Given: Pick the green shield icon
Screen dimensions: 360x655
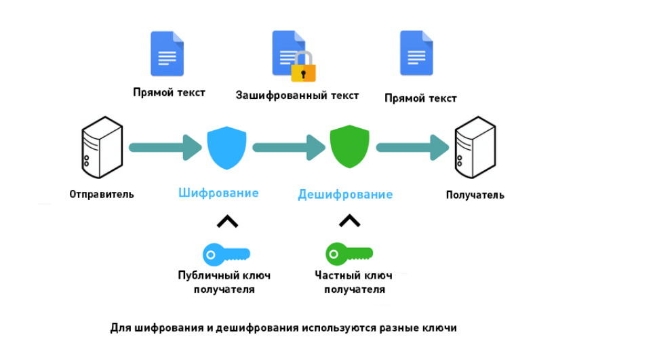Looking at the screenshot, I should click(x=349, y=147).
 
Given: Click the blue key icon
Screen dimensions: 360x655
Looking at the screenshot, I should click(x=226, y=254).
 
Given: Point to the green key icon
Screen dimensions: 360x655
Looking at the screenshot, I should click(x=349, y=254).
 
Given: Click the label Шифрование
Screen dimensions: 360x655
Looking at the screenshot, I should click(x=218, y=193).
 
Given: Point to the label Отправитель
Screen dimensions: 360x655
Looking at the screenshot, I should click(x=102, y=195).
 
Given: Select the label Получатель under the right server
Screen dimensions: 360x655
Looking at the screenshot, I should click(x=475, y=195).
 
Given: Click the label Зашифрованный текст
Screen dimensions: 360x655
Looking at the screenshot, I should click(x=297, y=96).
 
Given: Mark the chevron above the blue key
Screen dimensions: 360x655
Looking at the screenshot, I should click(x=227, y=221).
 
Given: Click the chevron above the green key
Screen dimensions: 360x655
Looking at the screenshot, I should click(x=349, y=220).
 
